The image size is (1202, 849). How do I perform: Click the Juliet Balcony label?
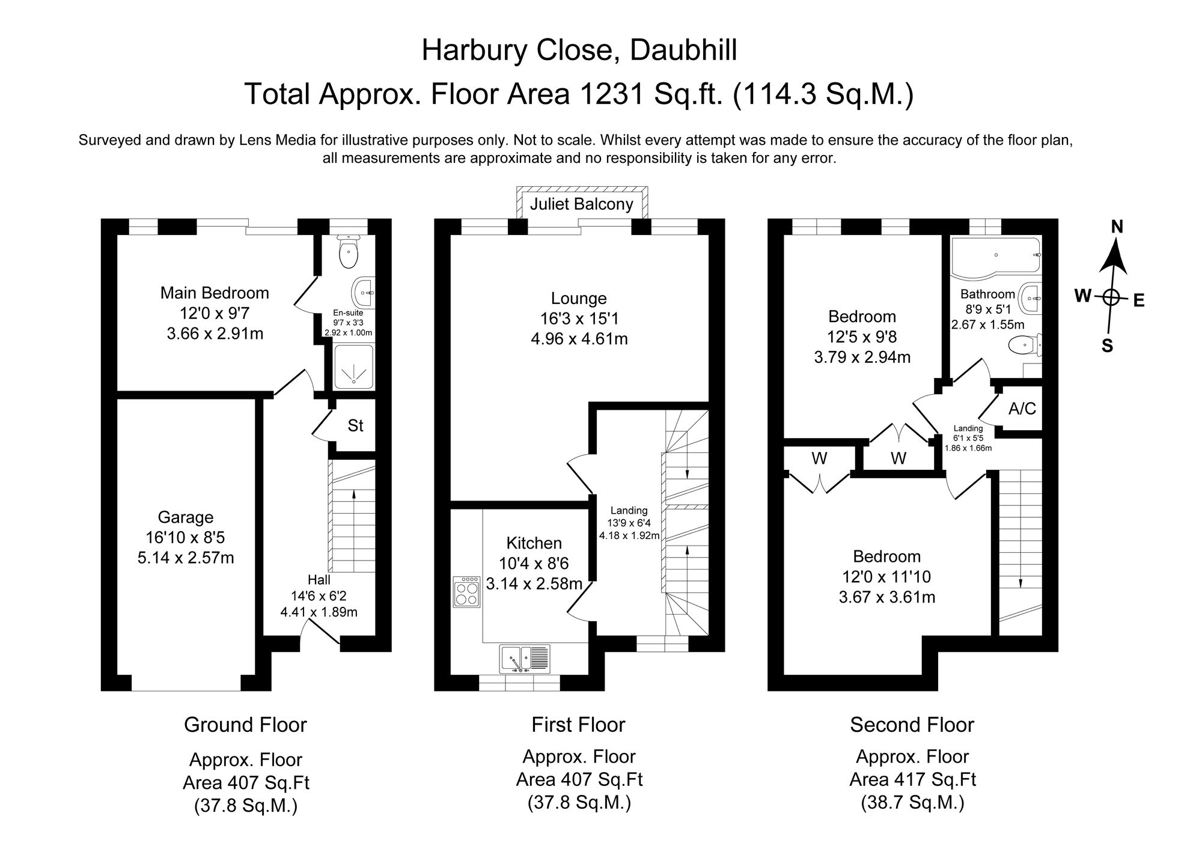point(581,204)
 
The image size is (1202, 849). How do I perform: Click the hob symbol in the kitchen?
point(466,592)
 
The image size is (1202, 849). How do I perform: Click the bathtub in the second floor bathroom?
point(995,258)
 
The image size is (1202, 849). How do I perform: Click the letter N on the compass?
point(1117,227)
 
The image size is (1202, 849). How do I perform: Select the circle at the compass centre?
point(1111,297)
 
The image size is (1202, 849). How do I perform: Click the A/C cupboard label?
point(1022,409)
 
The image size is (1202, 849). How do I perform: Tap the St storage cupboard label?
point(355,425)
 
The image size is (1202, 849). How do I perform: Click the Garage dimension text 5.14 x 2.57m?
point(186,558)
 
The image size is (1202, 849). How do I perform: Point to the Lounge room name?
point(579,298)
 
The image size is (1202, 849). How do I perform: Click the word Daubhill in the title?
point(683,50)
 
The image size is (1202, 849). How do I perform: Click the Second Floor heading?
point(912,725)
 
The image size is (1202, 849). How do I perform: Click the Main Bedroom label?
point(215,293)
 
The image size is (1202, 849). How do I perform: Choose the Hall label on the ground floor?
point(319,580)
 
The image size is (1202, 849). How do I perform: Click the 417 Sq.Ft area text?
point(912,780)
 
